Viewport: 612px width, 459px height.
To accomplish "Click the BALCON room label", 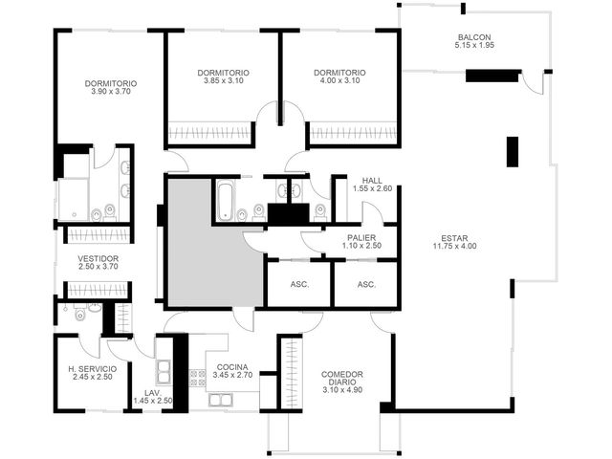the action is point(474,37).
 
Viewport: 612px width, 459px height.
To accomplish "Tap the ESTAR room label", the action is point(454,238).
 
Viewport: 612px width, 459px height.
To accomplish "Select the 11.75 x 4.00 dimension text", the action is point(455,246).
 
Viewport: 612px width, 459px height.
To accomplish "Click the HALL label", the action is point(372,181).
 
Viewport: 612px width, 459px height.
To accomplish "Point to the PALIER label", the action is point(361,238).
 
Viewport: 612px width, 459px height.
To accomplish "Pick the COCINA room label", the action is point(232,367).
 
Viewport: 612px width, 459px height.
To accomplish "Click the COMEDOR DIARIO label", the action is point(342,379).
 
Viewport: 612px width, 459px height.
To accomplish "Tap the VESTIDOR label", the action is point(98,258).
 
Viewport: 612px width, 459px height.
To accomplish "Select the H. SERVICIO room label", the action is point(92,369).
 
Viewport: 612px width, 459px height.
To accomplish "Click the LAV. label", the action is point(153,393).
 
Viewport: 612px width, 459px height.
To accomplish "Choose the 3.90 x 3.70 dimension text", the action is point(111,92).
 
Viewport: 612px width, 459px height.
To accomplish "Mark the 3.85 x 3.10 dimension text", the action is point(223,80).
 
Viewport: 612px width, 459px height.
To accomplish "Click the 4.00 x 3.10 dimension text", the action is point(339,80).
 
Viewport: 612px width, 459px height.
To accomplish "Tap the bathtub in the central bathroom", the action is point(226,201).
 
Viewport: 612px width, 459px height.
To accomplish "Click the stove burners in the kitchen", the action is point(197,378).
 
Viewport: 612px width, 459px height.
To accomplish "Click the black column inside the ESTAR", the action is point(513,152).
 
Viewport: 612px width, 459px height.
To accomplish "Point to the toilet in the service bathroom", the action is point(80,314).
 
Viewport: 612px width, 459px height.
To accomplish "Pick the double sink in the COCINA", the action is point(221,400).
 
